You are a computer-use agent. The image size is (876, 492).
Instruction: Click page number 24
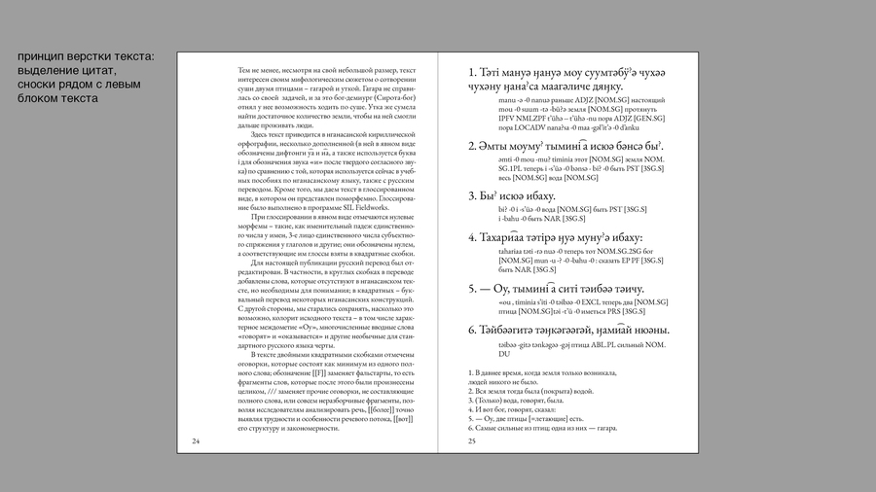(x=196, y=441)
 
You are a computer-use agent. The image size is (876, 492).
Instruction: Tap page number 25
(x=472, y=441)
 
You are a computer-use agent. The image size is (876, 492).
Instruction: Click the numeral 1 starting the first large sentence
(x=471, y=73)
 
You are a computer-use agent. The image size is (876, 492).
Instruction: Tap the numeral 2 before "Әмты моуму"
(x=472, y=147)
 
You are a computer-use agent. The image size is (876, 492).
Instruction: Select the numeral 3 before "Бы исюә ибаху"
(x=472, y=196)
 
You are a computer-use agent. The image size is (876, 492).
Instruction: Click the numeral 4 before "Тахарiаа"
(x=472, y=238)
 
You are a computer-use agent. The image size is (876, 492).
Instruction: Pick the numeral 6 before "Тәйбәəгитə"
(x=472, y=331)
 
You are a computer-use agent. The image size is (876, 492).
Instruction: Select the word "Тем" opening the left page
(x=244, y=71)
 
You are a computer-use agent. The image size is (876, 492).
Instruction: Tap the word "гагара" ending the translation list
(x=604, y=428)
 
